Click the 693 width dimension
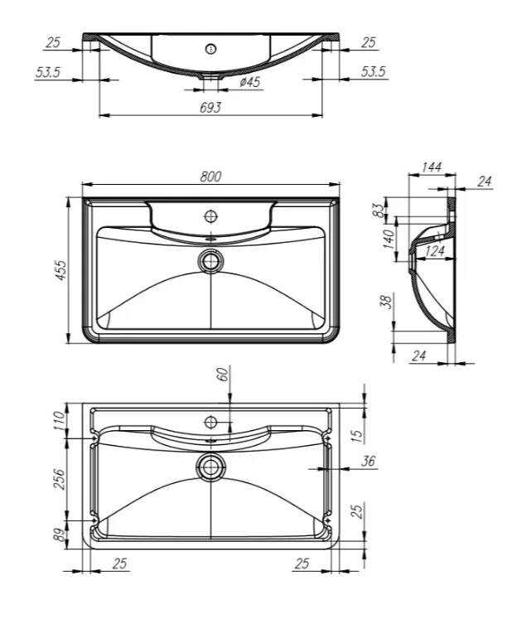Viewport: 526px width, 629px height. point(210,108)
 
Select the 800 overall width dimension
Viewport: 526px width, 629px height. point(210,177)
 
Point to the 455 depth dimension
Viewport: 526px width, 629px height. point(62,269)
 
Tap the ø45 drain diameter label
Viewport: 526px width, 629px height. point(250,82)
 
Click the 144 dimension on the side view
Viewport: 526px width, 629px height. point(432,167)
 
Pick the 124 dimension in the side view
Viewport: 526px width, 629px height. point(435,251)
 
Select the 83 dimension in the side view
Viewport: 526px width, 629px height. point(378,210)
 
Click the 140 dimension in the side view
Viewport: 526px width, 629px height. point(388,239)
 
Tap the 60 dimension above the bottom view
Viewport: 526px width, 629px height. point(224,375)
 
